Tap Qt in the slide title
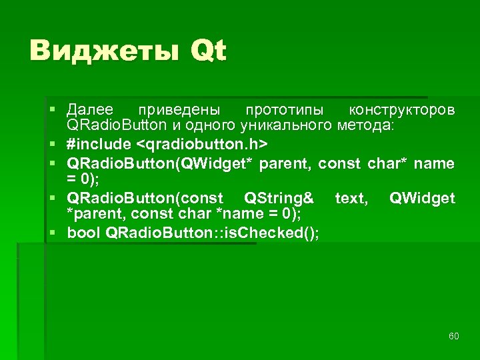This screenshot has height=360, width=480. point(209,51)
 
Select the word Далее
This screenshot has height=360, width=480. point(90,109)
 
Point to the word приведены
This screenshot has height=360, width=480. point(178,109)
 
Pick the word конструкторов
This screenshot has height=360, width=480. point(403,109)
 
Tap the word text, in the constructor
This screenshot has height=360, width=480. point(351,198)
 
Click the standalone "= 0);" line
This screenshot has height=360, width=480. point(83,179)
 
